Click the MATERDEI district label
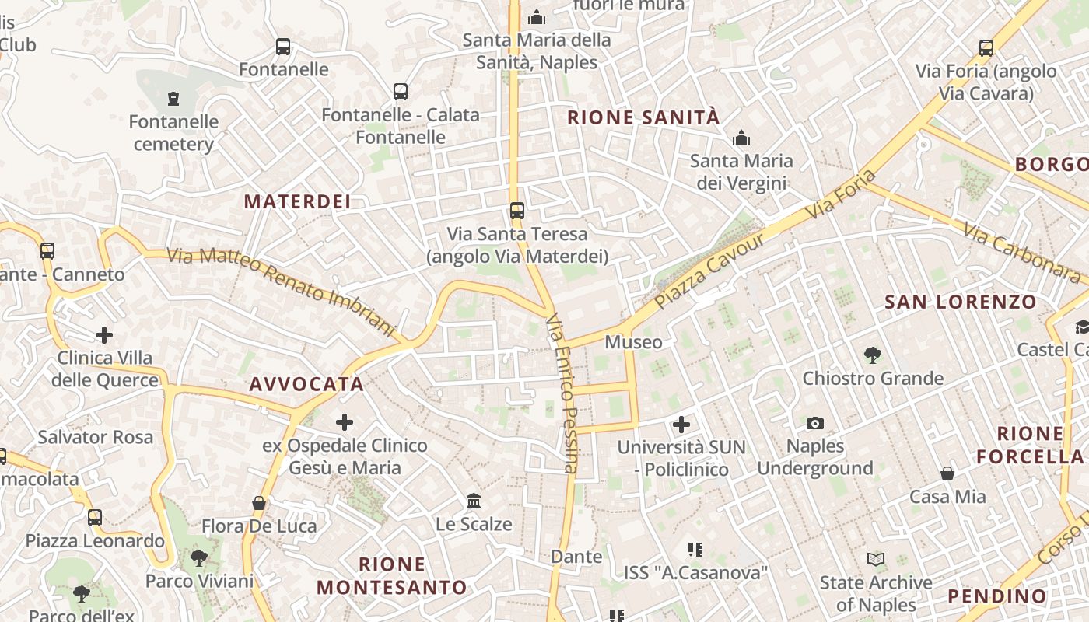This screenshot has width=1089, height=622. point(297,201)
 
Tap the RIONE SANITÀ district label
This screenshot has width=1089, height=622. point(643,118)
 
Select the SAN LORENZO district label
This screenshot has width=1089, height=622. point(960,302)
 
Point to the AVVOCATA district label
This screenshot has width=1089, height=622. point(306,384)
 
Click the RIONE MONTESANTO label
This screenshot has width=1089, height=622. point(392,575)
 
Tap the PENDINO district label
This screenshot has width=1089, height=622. point(997,596)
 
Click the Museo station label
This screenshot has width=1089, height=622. point(633,342)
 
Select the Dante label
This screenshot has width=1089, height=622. point(576,557)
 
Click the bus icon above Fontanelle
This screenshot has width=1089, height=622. point(283,47)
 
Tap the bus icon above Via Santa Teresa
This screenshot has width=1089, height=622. point(517,210)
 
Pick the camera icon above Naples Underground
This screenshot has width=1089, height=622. point(814,423)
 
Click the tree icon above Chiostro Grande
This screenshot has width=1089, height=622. point(873,355)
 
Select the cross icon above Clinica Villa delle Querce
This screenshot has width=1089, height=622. point(104,335)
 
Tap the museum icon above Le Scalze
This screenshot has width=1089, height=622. point(474,501)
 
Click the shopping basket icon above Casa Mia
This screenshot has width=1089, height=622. point(947,473)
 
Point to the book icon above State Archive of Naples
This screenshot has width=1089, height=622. point(876,559)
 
